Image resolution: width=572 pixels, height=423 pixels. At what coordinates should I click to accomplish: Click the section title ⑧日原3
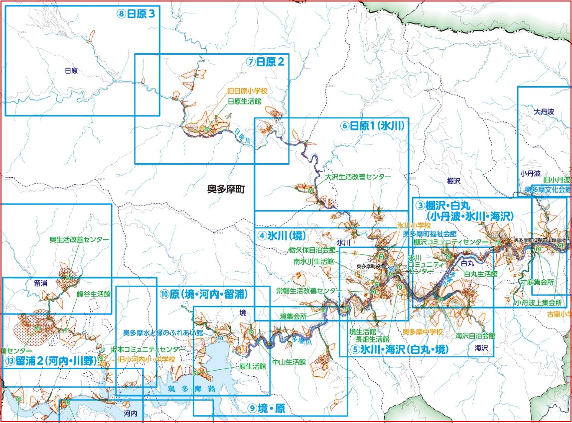[136, 14]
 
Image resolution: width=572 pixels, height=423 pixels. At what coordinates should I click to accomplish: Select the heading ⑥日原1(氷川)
[372, 125]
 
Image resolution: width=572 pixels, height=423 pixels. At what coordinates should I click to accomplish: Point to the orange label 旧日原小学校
[247, 92]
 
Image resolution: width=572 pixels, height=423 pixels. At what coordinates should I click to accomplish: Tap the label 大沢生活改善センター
[358, 177]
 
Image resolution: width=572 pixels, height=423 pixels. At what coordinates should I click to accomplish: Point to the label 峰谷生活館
[93, 294]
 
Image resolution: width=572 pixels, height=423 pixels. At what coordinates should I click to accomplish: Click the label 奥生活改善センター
[79, 240]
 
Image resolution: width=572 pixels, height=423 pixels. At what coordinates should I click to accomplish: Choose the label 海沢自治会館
[475, 336]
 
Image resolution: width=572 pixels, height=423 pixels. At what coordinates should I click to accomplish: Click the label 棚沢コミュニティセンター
[451, 242]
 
